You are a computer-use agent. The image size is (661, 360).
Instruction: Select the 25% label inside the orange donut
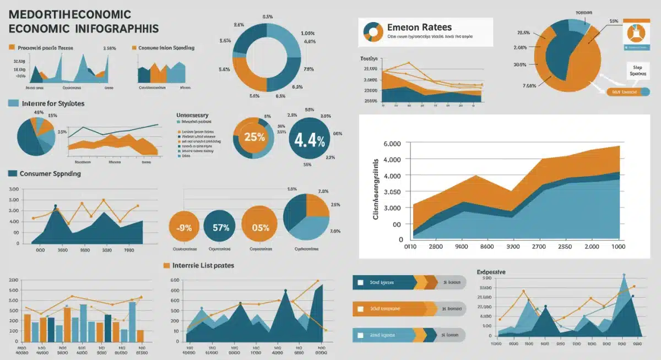(x=254, y=137)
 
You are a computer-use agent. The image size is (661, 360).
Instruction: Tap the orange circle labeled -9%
(x=183, y=227)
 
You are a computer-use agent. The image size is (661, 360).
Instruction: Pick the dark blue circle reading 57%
(x=220, y=227)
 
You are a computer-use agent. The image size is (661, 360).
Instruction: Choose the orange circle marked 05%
(x=260, y=227)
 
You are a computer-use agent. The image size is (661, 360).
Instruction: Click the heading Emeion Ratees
(x=419, y=27)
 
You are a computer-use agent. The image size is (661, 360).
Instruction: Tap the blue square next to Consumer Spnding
(x=12, y=173)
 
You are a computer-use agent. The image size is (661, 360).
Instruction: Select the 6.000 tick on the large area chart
(x=391, y=144)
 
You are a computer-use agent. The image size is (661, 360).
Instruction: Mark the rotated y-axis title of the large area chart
(x=376, y=189)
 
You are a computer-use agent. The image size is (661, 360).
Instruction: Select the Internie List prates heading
(x=203, y=265)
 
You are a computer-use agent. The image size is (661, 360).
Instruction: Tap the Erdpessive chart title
(x=491, y=272)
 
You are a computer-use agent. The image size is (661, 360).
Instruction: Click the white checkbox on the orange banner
(x=360, y=309)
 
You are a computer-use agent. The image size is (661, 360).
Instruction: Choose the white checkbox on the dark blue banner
(x=360, y=282)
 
